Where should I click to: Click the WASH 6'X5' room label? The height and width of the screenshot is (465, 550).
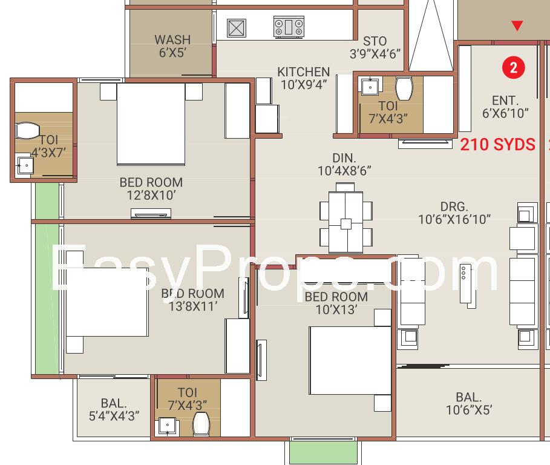pos(172,46)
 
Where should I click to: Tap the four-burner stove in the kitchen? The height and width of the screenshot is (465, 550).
pos(289,27)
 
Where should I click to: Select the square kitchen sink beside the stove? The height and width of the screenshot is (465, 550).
pos(237,28)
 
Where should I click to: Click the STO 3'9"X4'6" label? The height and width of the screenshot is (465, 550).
pos(375,47)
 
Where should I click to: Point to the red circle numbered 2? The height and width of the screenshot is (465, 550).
pos(514,67)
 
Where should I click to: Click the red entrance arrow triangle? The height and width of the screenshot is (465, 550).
pos(517,25)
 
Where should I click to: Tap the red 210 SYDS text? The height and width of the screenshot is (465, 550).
pos(498,144)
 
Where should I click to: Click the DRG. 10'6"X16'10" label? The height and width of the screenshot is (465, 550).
pos(454,213)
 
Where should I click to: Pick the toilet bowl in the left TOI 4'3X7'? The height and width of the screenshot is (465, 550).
pos(28,131)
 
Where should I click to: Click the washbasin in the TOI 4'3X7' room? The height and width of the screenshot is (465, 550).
pos(25,165)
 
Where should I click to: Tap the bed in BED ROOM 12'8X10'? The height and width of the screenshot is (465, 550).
pos(151,124)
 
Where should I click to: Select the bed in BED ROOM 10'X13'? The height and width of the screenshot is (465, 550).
pos(350,360)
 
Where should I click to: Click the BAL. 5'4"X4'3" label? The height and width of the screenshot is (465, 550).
pos(114,409)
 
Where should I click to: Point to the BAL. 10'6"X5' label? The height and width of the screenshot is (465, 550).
pos(469,403)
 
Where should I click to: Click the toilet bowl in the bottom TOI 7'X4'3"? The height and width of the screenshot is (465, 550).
pos(201,424)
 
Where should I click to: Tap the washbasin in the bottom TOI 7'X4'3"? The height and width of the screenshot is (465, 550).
pos(168,426)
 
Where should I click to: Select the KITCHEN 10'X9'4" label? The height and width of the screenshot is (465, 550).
pos(303,78)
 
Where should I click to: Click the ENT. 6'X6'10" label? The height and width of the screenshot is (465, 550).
pos(505,107)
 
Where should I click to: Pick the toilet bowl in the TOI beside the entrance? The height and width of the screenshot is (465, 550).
pos(404,88)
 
